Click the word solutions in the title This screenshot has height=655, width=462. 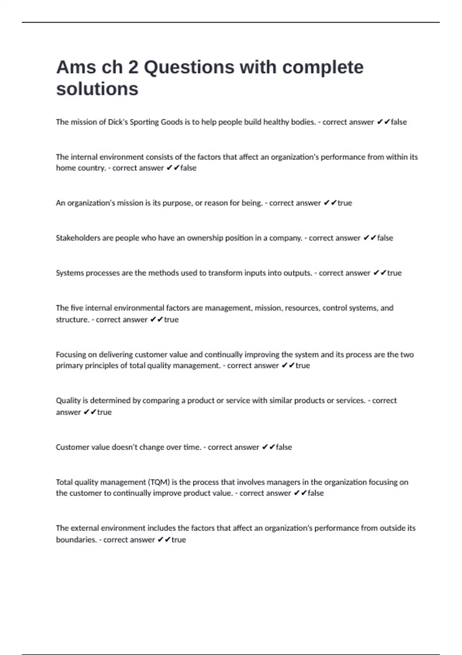pos(97,89)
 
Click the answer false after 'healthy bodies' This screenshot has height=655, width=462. pos(399,122)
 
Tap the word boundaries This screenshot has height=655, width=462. pos(76,540)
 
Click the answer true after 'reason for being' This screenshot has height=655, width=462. pos(345,203)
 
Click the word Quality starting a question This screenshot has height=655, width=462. pos(68,401)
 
